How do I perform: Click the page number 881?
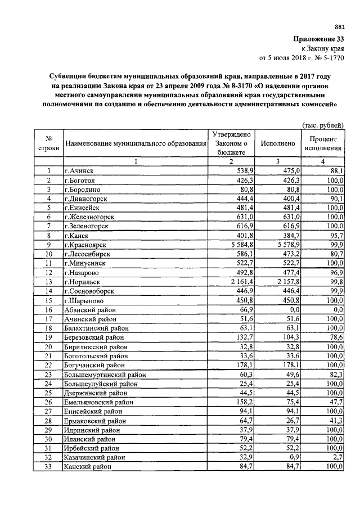click(x=339, y=26)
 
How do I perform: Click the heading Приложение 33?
click(x=318, y=39)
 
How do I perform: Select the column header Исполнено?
click(x=278, y=144)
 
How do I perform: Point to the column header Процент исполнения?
click(x=323, y=144)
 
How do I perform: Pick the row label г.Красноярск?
click(x=88, y=245)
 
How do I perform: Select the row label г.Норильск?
click(x=84, y=281)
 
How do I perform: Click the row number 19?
click(x=49, y=337)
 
